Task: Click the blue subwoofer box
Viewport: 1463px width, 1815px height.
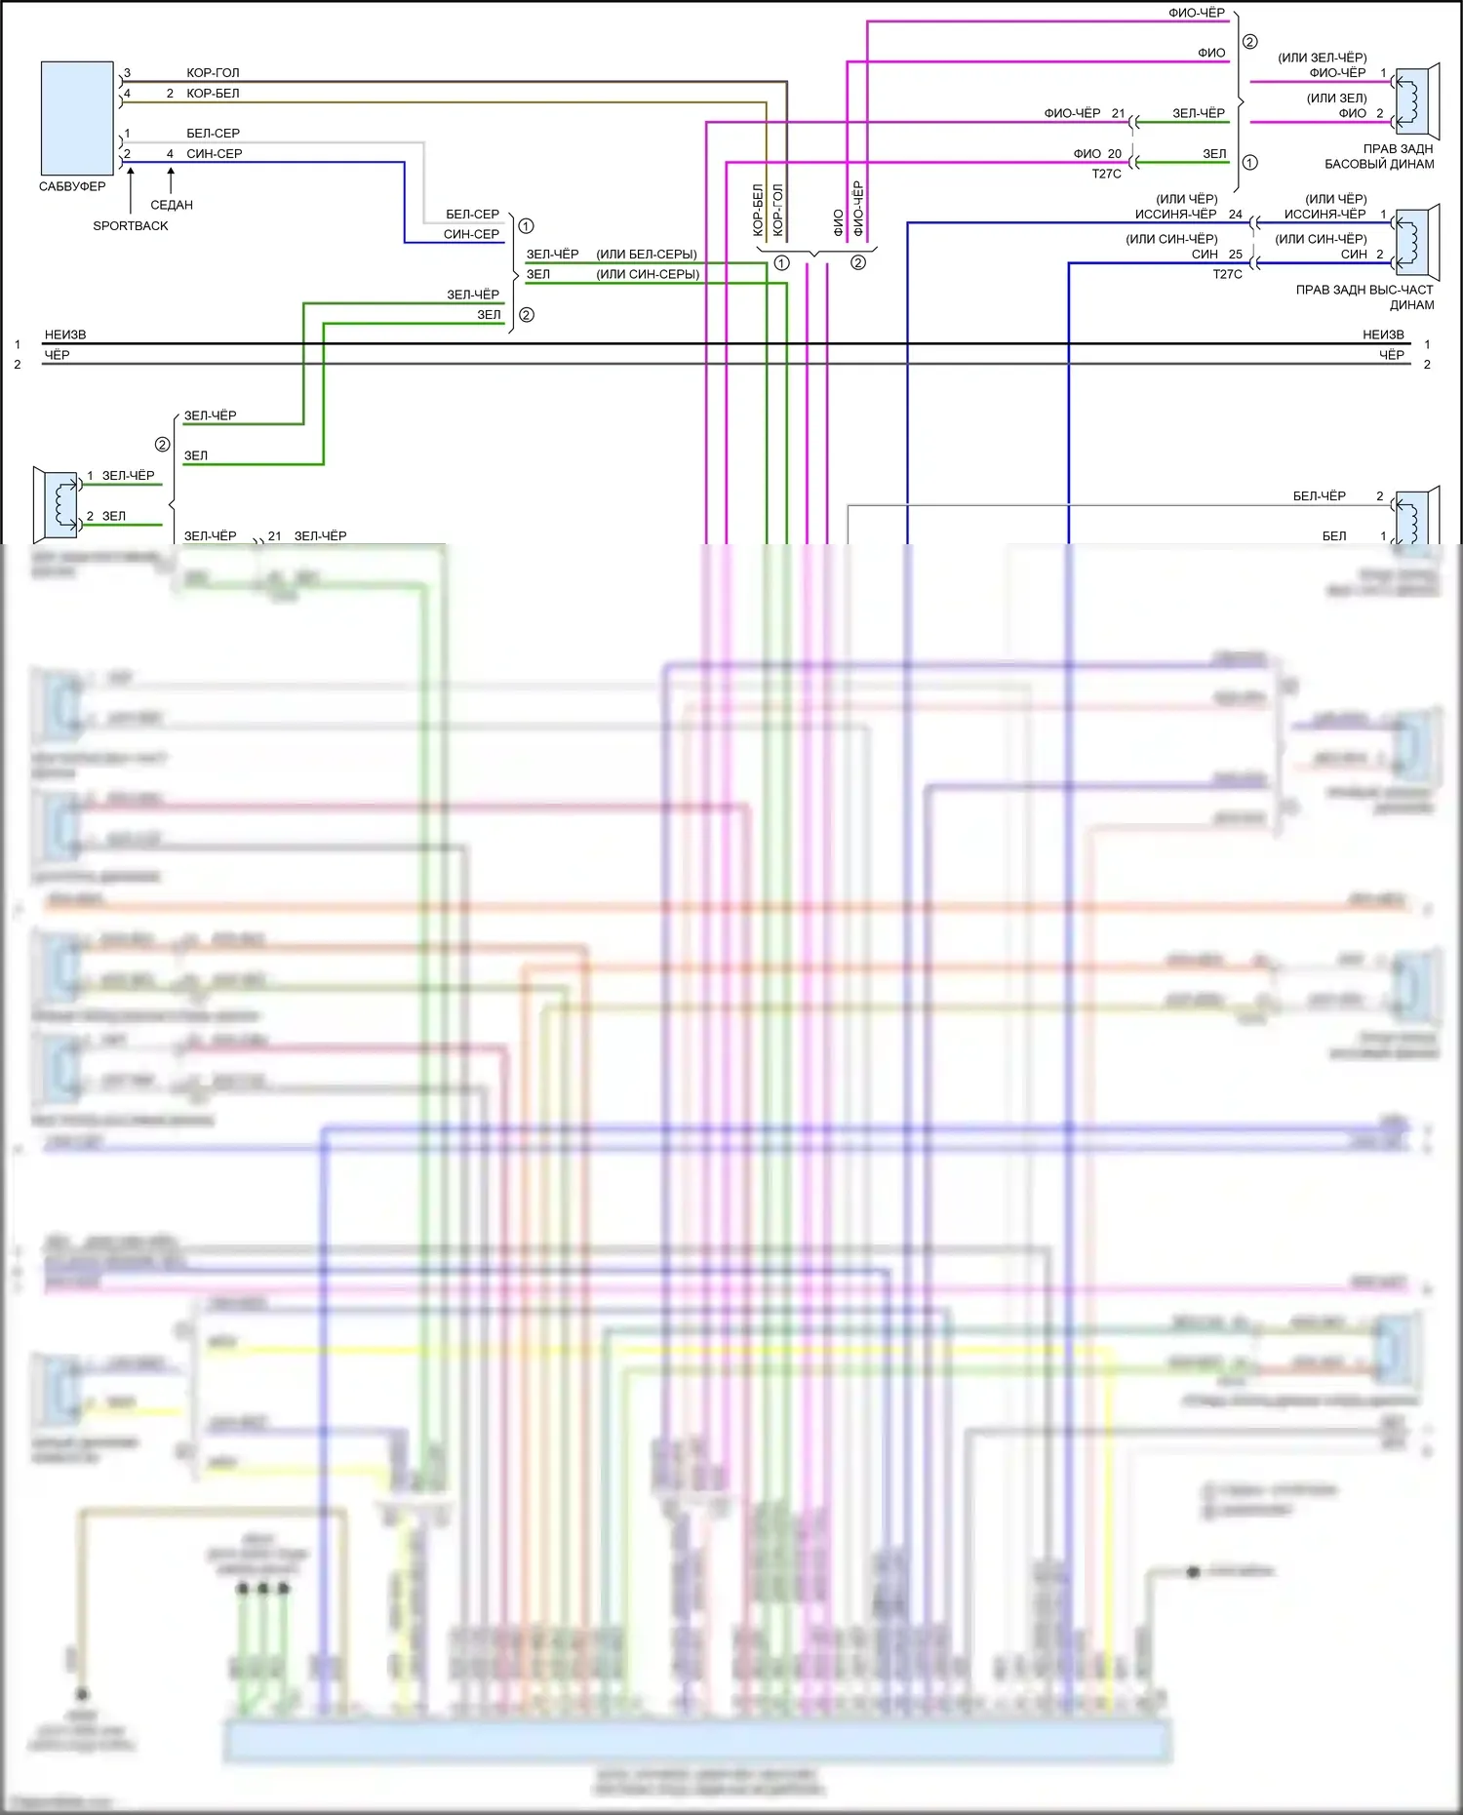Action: coord(77,118)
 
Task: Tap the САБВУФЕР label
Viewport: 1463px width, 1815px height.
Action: coord(72,186)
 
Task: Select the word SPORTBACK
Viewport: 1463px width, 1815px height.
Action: coord(131,226)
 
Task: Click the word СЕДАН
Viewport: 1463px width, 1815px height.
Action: coord(172,206)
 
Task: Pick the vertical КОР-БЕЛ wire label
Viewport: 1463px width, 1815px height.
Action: coord(758,210)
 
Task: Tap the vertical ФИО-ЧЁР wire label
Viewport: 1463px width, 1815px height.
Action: coord(858,208)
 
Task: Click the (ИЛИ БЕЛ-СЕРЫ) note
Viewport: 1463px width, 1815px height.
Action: coord(647,255)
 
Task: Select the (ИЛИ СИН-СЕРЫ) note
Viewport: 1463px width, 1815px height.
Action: coord(648,275)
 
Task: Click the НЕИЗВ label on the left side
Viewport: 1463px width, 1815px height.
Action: coord(65,335)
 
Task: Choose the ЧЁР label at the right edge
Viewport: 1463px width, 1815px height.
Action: coord(1392,356)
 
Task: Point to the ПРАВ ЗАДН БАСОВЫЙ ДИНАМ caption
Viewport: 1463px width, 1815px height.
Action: coord(1379,157)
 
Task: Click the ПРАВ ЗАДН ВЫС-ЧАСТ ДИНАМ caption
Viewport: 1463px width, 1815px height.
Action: coord(1364,297)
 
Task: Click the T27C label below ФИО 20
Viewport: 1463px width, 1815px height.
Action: coord(1107,175)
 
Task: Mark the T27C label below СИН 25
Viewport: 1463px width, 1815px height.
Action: coord(1228,275)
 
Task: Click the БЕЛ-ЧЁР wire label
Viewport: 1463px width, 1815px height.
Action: coord(1319,496)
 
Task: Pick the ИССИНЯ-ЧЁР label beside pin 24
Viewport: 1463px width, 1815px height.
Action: coord(1175,215)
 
